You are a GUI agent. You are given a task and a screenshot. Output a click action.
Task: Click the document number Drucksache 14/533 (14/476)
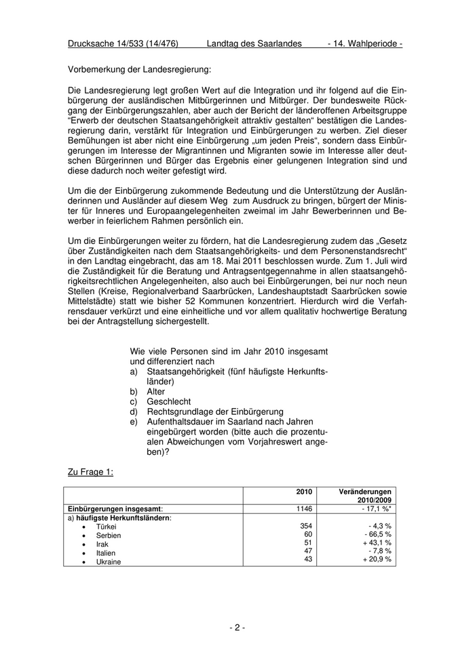[x=123, y=43]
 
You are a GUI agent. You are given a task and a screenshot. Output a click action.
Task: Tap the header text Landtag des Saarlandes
[x=254, y=43]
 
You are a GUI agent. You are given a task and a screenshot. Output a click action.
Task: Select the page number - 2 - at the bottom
[x=237, y=628]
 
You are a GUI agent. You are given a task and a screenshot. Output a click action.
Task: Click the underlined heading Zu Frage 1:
[x=90, y=472]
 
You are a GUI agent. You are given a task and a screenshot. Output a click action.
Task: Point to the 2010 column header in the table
[x=304, y=491]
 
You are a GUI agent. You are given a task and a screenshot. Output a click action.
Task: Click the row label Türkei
[x=107, y=527]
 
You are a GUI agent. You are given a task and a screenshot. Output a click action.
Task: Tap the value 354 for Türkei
[x=306, y=526]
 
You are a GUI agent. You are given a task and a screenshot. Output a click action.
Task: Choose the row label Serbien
[x=109, y=535]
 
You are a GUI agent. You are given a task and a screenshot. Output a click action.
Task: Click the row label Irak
[x=102, y=544]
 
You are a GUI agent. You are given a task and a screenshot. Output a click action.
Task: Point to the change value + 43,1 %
[x=377, y=544]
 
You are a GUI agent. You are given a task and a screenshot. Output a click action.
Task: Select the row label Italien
[x=106, y=553]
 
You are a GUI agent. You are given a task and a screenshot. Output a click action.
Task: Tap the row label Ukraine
[x=109, y=562]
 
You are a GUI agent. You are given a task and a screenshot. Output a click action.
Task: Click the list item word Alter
[x=156, y=391]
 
